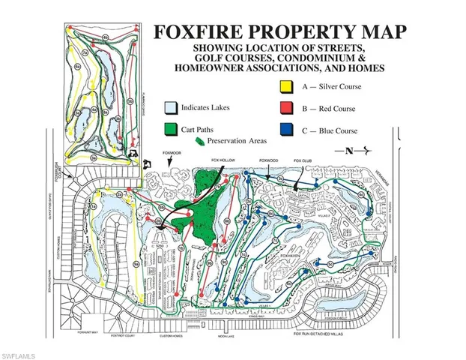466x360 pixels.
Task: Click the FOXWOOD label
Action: click(268, 159)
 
